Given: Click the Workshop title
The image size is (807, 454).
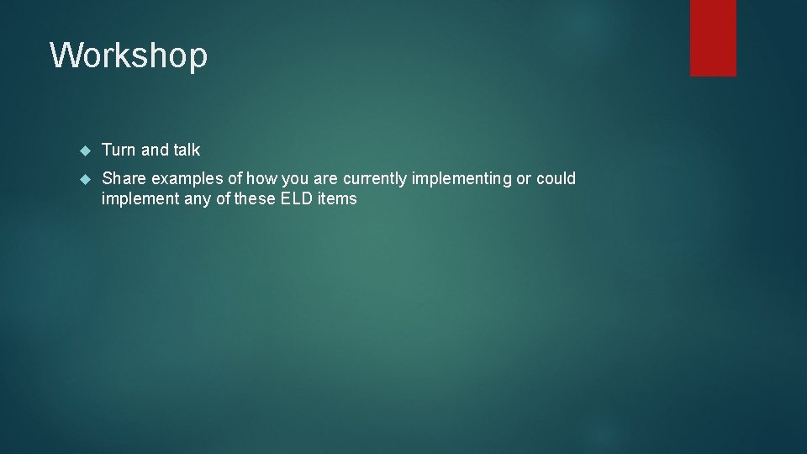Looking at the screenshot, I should click(129, 56).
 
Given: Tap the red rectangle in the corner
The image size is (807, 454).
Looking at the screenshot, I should click(713, 38).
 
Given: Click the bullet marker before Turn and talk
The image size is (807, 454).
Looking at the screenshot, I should click(84, 150).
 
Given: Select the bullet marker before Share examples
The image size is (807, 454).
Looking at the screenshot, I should click(84, 179).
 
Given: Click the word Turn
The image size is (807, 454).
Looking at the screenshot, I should click(119, 150).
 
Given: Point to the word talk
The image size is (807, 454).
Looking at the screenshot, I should click(187, 150).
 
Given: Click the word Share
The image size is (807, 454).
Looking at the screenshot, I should click(124, 178).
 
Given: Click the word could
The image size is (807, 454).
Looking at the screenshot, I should click(556, 178).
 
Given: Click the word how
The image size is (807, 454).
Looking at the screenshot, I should click(261, 178).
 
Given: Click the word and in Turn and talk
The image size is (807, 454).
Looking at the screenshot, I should click(155, 150).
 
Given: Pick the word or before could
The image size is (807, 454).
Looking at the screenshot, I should click(525, 178).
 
